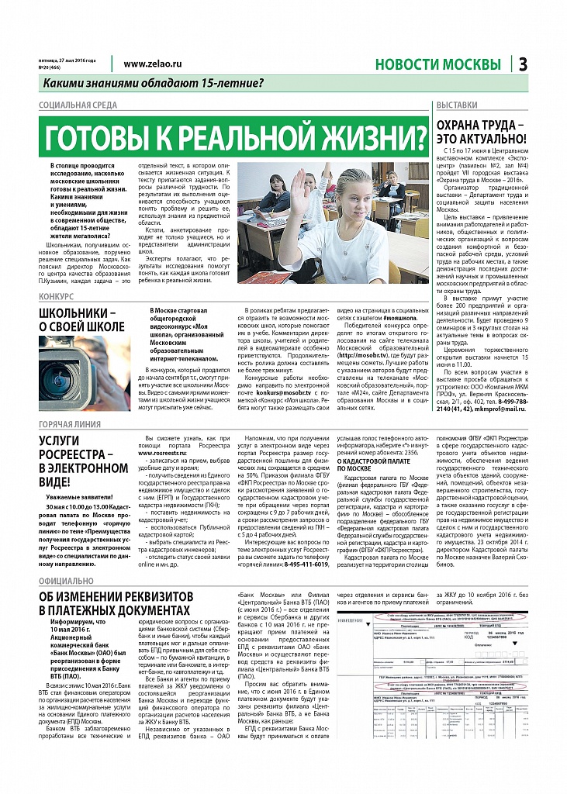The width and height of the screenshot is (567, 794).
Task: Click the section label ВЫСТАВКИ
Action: (x=457, y=105)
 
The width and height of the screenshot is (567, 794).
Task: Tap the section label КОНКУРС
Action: (x=56, y=297)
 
